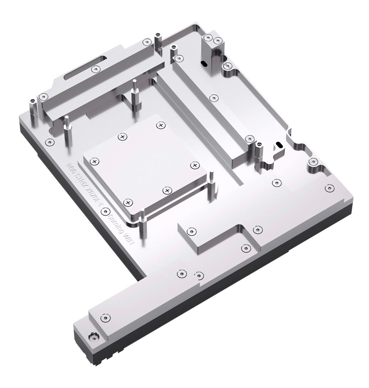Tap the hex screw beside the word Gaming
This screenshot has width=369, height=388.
[104, 212]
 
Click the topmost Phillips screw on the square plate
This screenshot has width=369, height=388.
[161, 125]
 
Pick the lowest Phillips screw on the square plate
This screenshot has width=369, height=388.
[128, 202]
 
